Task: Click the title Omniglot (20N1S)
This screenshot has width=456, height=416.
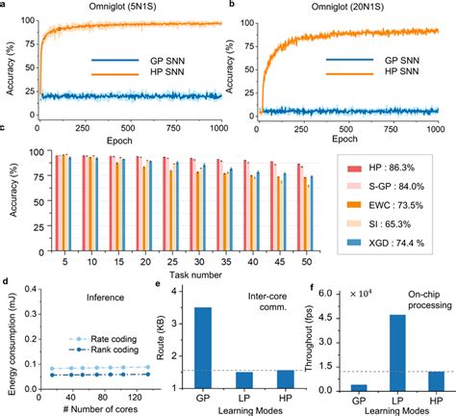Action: coord(349,9)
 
